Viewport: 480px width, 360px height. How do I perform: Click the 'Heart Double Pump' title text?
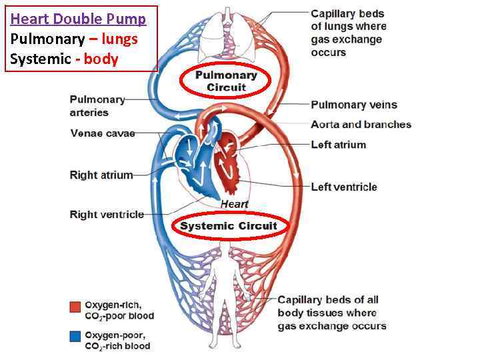point(78,19)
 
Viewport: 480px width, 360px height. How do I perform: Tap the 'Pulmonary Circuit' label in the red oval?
point(226,81)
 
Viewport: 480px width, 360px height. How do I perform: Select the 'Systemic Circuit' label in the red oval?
point(228,226)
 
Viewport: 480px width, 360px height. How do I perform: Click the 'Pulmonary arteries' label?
point(97,106)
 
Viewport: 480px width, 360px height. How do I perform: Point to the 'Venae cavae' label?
point(102,133)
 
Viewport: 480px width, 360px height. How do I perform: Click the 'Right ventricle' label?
point(107,215)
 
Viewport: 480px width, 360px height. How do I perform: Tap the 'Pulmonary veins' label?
point(353,105)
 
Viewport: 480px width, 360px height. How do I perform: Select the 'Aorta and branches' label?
point(361,125)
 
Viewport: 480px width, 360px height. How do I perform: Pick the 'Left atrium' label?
point(338,145)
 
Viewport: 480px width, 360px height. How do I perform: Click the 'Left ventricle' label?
point(343,187)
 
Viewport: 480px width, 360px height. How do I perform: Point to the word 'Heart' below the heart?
point(235,204)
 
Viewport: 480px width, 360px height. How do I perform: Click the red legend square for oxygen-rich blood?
point(75,306)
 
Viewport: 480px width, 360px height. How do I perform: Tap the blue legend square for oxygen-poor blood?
point(75,336)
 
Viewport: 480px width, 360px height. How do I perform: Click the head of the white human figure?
point(228,251)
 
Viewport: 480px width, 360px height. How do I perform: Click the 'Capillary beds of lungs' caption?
point(348,33)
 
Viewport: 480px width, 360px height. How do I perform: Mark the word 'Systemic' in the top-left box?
point(40,59)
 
